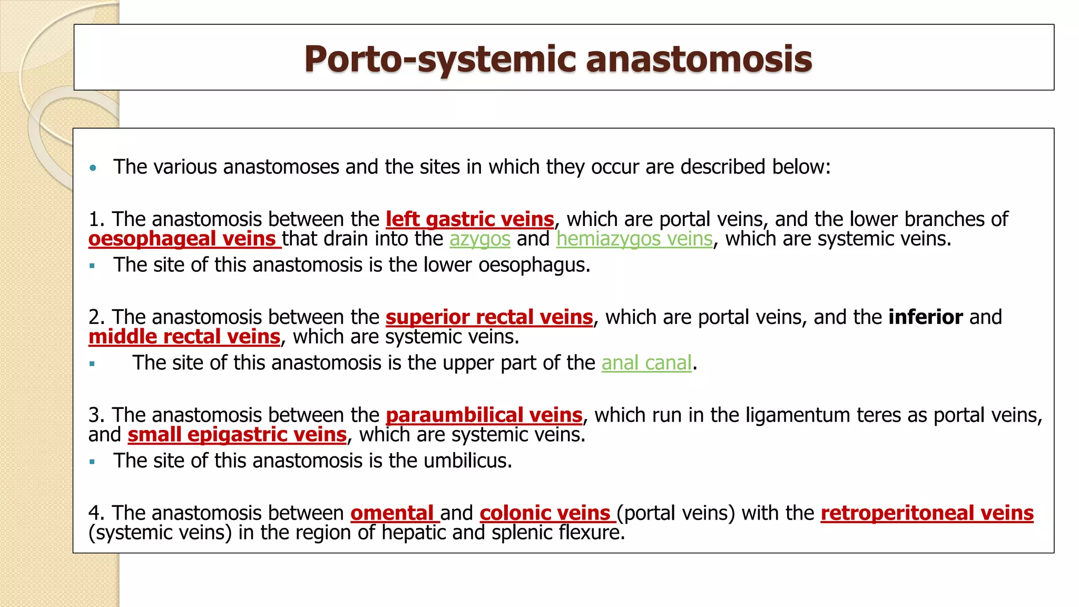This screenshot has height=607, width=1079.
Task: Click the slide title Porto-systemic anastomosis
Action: (x=558, y=58)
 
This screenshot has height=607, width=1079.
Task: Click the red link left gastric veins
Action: (x=469, y=219)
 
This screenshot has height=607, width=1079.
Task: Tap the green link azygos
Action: (x=479, y=239)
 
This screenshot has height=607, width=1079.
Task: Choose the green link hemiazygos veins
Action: (x=634, y=239)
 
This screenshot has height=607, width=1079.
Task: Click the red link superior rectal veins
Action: (x=489, y=317)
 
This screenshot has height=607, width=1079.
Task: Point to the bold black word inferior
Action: (x=925, y=317)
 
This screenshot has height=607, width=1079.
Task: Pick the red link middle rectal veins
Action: (x=184, y=337)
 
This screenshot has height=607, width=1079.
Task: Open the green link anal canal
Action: (x=646, y=363)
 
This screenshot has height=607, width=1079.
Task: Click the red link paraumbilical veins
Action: (x=484, y=415)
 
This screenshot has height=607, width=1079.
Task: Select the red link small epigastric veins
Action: (x=237, y=435)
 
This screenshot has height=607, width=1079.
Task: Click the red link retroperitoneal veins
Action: (x=927, y=513)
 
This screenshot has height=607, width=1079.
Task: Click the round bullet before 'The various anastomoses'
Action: (x=93, y=168)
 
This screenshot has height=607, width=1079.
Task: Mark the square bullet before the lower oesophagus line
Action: (x=92, y=266)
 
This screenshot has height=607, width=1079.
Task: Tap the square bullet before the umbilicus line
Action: (x=92, y=462)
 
